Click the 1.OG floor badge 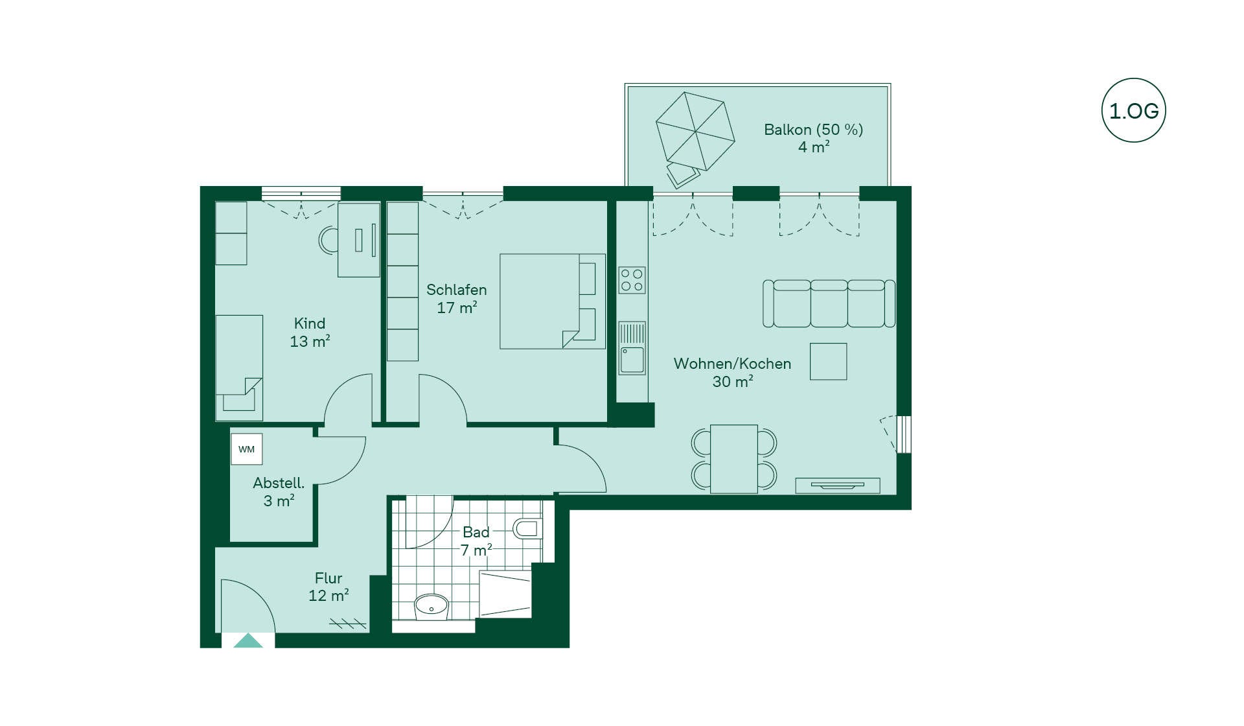pyautogui.click(x=1133, y=110)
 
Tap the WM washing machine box pyautogui.click(x=247, y=449)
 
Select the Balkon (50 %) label pyautogui.click(x=813, y=130)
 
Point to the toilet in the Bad pyautogui.click(x=527, y=528)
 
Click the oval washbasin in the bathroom pyautogui.click(x=431, y=606)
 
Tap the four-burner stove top pyautogui.click(x=632, y=280)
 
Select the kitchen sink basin pyautogui.click(x=632, y=360)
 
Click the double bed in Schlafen pyautogui.click(x=552, y=301)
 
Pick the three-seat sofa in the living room pyautogui.click(x=829, y=303)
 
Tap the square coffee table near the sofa pyautogui.click(x=828, y=361)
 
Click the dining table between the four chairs pyautogui.click(x=734, y=459)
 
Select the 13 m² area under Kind pyautogui.click(x=310, y=341)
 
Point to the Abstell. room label pyautogui.click(x=279, y=483)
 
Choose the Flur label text pyautogui.click(x=328, y=578)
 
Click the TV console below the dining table pyautogui.click(x=838, y=486)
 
